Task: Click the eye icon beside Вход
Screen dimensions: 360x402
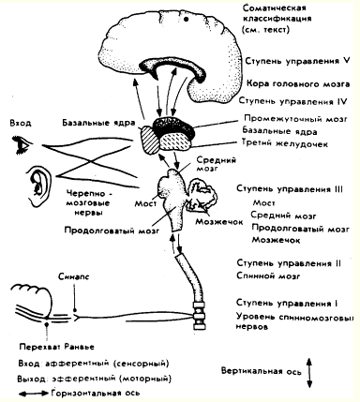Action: coord(22,144)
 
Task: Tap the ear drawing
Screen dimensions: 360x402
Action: coord(38,185)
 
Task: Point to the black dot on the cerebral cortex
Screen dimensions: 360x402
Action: coord(187,20)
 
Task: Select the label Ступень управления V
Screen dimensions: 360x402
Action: coord(297,61)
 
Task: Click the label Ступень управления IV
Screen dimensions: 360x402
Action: coord(292,101)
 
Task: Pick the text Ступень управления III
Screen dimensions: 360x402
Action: coord(290,189)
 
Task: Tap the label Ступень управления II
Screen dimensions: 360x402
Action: coord(289,263)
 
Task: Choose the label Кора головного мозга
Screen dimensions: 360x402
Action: coord(298,84)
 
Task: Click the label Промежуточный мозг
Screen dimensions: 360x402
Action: coord(296,119)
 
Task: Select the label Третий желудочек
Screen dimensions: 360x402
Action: coord(285,143)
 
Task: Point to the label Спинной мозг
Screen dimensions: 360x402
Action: coord(268,276)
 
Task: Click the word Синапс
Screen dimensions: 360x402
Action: coord(73,276)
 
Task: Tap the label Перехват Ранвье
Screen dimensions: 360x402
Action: coord(56,347)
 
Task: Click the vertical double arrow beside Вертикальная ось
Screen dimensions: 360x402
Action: coord(309,373)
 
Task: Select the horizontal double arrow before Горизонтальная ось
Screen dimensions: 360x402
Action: coord(34,393)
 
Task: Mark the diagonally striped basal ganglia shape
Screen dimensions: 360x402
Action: coord(150,139)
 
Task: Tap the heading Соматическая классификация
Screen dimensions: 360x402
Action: coord(277,19)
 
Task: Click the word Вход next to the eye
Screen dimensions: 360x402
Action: coord(21,123)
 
